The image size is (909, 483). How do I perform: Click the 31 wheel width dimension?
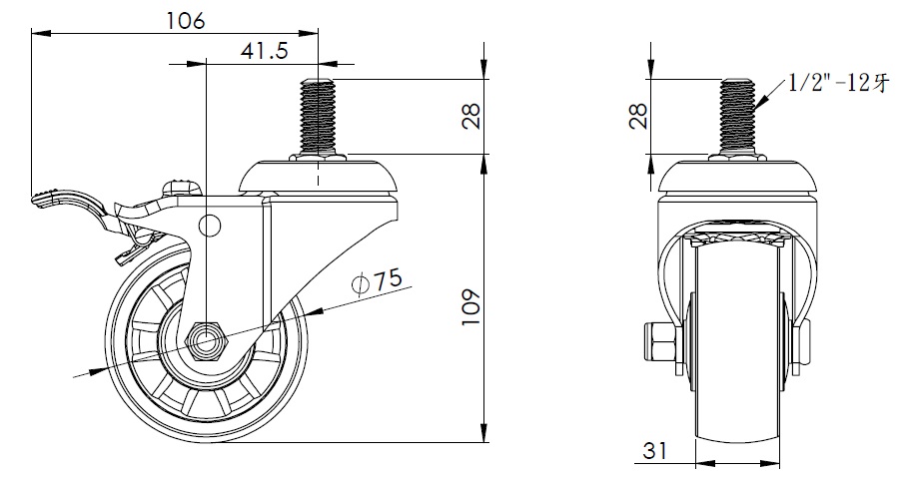(653, 451)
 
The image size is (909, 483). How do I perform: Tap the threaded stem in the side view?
(318, 116)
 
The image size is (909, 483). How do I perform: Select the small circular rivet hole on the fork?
(209, 225)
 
